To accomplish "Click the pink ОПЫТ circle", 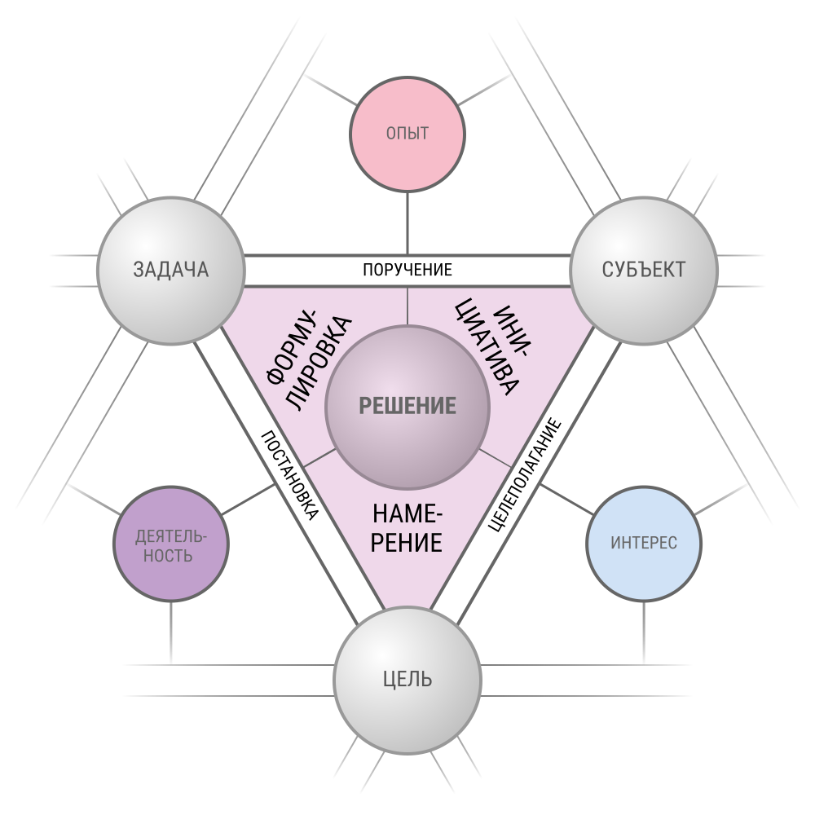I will pos(407,134).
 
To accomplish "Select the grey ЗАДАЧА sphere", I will pos(171,270).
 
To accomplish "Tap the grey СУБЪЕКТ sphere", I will pos(644,270).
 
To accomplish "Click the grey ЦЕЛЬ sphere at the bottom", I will pos(407,679).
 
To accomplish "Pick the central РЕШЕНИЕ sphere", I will pos(407,406).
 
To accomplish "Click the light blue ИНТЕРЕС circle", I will pos(644,544).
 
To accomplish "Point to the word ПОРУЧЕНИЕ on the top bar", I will pos(407,270).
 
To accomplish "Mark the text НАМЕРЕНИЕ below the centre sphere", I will pos(407,528).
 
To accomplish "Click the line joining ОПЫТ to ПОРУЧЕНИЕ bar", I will pos(407,224).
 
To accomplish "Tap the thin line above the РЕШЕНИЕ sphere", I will pos(407,306).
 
